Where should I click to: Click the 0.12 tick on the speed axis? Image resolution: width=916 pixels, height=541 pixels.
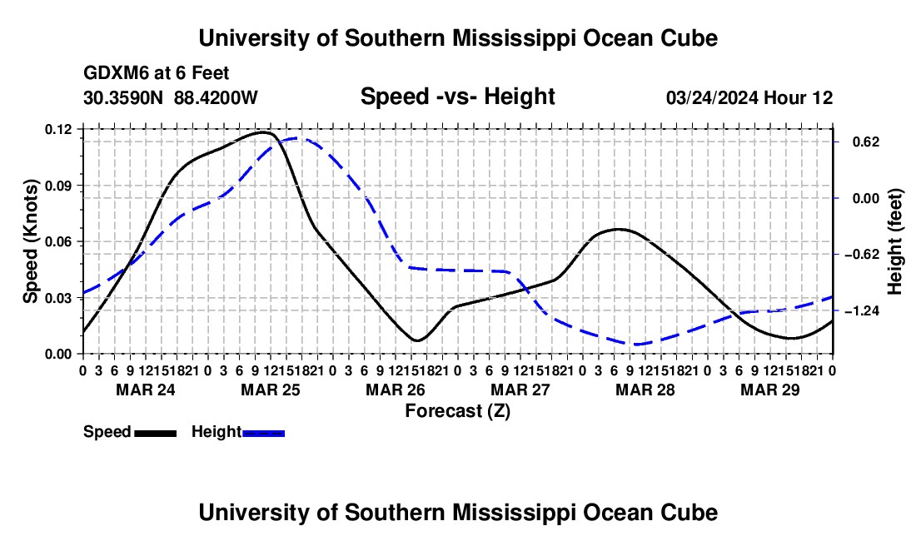58,130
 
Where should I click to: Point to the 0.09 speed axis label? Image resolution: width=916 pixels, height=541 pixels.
58,186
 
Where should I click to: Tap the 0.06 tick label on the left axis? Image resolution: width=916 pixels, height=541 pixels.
58,241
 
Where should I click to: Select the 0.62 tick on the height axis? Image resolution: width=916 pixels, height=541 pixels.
866,142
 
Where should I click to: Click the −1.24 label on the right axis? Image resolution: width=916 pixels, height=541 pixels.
862,311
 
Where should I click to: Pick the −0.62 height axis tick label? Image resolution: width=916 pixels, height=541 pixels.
862,255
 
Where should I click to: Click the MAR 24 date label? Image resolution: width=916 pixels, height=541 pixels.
146,390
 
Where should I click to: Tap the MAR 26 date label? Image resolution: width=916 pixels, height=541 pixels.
396,390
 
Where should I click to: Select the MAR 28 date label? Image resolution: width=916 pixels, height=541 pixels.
645,390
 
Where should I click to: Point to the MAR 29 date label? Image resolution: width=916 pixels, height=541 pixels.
770,390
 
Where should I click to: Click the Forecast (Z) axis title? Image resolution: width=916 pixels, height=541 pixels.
458,411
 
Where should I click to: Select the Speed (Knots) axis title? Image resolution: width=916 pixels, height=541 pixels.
30,241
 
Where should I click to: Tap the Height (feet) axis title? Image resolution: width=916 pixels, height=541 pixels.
894,241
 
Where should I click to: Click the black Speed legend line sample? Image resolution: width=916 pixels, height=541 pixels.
156,434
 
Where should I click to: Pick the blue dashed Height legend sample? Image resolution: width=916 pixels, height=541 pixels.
263,434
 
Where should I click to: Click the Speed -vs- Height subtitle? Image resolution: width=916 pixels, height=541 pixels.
458,97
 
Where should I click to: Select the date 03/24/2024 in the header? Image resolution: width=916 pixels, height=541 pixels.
712,98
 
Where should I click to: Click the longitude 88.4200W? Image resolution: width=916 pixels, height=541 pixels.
216,97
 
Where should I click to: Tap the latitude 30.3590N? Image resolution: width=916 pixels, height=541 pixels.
123,97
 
